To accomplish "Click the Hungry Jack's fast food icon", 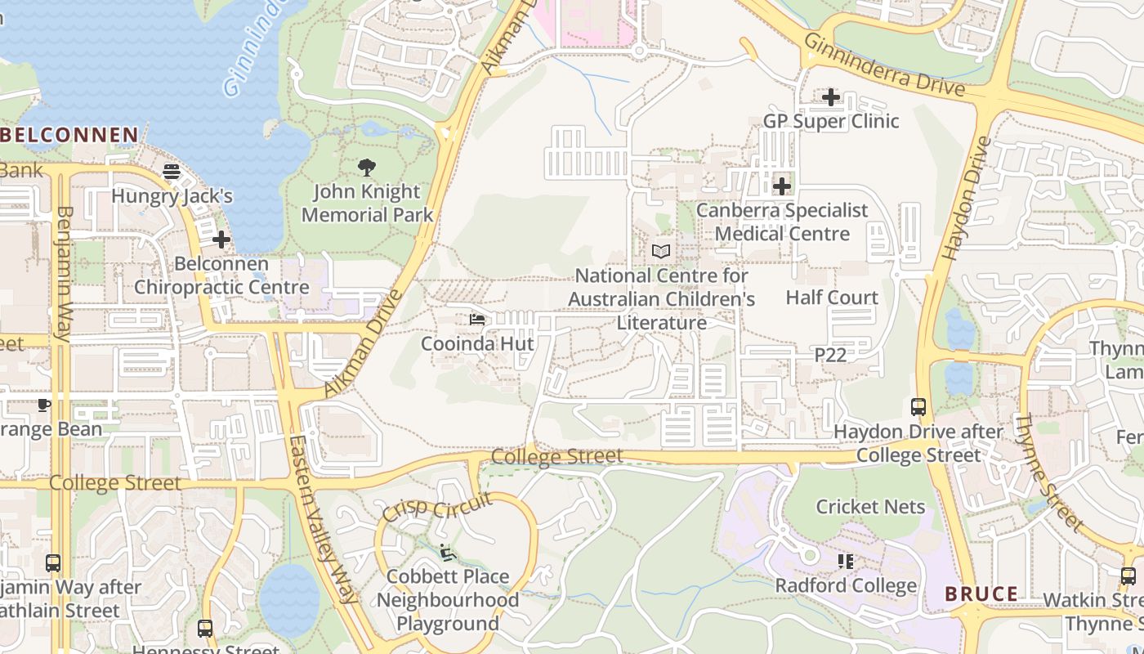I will pyautogui.click(x=172, y=172).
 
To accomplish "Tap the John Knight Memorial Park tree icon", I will pyautogui.click(x=367, y=168).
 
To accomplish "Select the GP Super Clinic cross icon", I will pyautogui.click(x=831, y=97).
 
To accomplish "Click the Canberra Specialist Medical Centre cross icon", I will pyautogui.click(x=782, y=186).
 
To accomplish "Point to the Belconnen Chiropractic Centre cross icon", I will pyautogui.click(x=221, y=240).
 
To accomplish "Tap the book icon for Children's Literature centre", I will pyautogui.click(x=661, y=252).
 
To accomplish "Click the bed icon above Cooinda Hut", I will pyautogui.click(x=477, y=320).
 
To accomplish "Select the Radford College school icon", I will pyautogui.click(x=846, y=562).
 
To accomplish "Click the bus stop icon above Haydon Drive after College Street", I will pyautogui.click(x=918, y=407).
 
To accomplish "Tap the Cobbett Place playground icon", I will pyautogui.click(x=447, y=553).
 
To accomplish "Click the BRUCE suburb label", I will pyautogui.click(x=981, y=594).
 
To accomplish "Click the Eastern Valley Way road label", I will pyautogui.click(x=324, y=519).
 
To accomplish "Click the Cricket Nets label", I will pyautogui.click(x=870, y=507).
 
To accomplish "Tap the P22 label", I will pyautogui.click(x=830, y=355).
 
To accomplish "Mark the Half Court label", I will pyautogui.click(x=832, y=298).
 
